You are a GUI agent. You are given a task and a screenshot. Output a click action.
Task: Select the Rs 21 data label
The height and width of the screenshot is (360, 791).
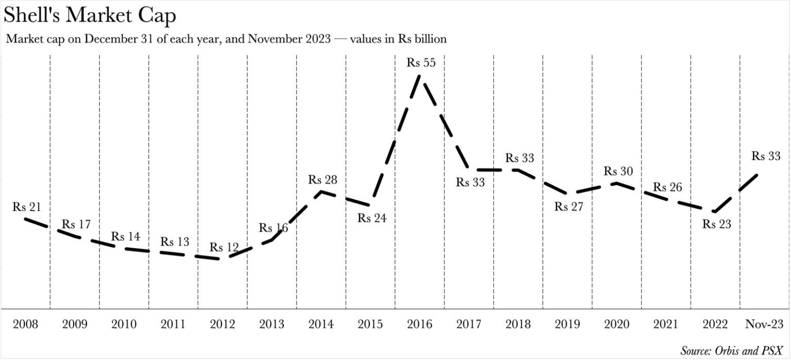point(27,207)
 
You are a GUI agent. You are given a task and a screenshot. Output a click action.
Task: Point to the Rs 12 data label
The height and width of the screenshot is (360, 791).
point(224,247)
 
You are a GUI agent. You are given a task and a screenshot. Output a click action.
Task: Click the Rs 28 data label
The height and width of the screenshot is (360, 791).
point(323,180)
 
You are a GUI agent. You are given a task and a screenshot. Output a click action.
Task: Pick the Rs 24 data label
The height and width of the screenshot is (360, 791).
point(372,218)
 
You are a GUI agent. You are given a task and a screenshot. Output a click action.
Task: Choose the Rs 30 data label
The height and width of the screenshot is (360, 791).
point(618,171)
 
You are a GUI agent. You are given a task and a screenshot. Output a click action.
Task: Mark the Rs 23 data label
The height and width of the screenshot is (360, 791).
point(717,225)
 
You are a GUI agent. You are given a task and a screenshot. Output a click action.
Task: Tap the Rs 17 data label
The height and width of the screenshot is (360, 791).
point(76,225)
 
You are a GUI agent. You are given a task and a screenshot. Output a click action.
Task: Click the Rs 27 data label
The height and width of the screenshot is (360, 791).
point(569,207)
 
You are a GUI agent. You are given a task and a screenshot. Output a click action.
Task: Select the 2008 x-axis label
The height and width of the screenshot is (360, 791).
point(25,324)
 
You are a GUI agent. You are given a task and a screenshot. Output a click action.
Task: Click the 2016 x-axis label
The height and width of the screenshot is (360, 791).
point(419,324)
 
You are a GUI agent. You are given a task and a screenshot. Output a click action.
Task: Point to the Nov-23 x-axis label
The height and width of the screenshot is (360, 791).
point(764,324)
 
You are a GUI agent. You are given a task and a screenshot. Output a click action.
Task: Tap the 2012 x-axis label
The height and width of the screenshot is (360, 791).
point(222,324)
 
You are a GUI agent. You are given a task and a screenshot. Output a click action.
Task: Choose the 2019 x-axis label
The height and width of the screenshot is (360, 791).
point(568,324)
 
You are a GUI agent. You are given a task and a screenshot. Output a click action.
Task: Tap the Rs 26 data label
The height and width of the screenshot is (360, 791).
point(667,187)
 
